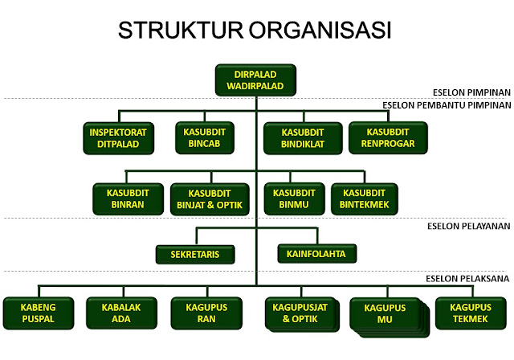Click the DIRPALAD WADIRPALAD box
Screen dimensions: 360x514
pos(256,80)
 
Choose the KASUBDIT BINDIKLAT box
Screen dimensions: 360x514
pos(302,137)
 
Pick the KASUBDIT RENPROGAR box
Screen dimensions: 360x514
pos(388,137)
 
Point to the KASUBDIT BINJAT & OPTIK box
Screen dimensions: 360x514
pos(213,198)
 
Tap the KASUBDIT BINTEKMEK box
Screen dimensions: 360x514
pos(365,198)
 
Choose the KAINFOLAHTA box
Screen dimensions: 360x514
pos(316,254)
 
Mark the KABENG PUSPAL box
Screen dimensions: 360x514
pos(38,313)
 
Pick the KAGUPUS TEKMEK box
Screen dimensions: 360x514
pos(471,313)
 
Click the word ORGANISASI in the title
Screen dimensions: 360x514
pos(326,31)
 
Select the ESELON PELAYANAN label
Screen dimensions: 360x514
pos(468,227)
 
